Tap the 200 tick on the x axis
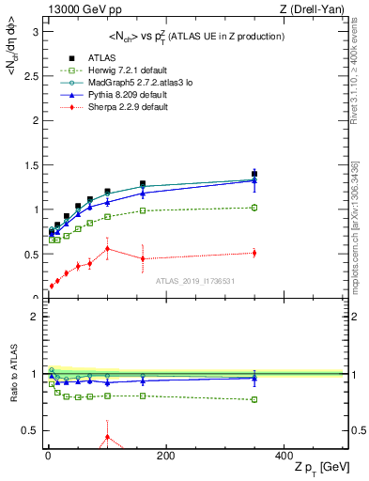(165, 455)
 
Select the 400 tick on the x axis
(284, 455)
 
